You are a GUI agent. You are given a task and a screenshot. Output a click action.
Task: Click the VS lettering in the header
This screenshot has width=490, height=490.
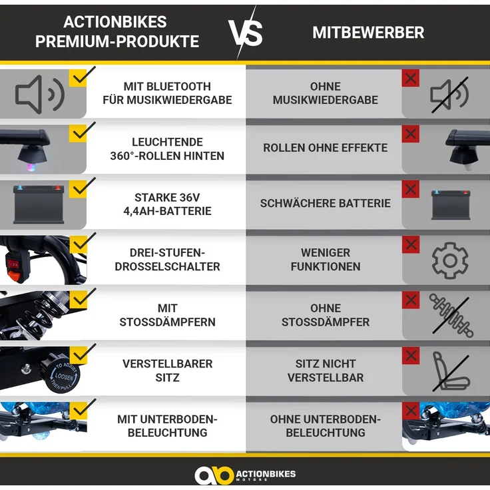(x=246, y=33)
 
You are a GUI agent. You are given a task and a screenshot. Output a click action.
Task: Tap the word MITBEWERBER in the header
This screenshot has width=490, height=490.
(x=368, y=33)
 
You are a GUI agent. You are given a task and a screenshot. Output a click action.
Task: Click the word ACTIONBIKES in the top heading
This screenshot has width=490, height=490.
(x=115, y=22)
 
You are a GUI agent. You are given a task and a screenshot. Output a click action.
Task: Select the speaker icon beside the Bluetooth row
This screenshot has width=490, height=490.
(x=40, y=94)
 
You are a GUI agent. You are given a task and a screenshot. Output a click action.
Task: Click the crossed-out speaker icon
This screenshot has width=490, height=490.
(x=449, y=95)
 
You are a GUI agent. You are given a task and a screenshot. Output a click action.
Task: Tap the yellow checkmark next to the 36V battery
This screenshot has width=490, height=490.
(x=82, y=188)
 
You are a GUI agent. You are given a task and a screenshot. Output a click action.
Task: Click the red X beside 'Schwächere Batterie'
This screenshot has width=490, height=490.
(x=411, y=189)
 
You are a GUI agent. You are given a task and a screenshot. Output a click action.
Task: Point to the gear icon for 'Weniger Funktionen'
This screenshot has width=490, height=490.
(x=450, y=260)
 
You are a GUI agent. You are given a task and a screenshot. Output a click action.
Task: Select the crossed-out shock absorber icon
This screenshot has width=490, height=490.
(x=451, y=316)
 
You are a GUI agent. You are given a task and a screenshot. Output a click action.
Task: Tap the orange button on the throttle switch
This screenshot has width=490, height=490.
(x=14, y=276)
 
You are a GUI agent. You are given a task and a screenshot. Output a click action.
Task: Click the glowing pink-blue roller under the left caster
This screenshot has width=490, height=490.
(x=32, y=166)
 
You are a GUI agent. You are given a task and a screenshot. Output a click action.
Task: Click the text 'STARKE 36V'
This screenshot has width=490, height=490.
(x=167, y=198)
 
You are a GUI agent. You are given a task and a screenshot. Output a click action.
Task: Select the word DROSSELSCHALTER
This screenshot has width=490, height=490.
(x=168, y=266)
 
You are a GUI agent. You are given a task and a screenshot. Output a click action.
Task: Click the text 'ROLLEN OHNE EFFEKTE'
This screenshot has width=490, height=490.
(x=326, y=148)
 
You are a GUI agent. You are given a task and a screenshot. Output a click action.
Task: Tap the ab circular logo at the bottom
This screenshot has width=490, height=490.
(x=214, y=475)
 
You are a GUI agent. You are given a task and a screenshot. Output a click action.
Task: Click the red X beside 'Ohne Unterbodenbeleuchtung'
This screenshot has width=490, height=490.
(x=411, y=411)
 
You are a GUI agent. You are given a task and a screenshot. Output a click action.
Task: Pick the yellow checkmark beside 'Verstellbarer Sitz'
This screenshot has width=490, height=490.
(x=82, y=354)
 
